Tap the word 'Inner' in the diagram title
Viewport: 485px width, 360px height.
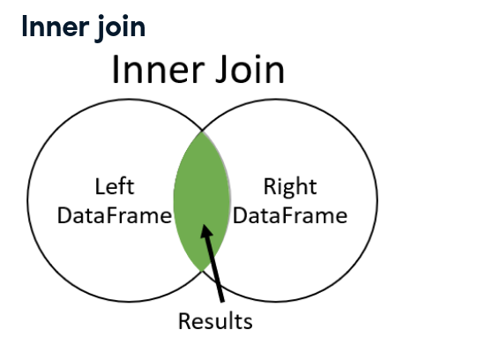[159, 70]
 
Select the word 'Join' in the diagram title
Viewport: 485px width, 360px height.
[250, 70]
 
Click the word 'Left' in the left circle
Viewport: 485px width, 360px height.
[115, 187]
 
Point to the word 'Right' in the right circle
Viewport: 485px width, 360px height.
[290, 187]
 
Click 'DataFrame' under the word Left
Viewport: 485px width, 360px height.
[115, 215]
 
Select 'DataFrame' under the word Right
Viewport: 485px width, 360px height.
[290, 215]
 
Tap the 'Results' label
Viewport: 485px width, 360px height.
[215, 321]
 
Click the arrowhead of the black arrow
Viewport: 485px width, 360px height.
[205, 230]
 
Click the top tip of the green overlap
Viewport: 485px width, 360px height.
[202, 131]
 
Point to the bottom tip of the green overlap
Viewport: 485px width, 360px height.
[202, 271]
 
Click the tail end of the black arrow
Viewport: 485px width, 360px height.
[222, 301]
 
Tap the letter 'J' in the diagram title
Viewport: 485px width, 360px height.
[221, 70]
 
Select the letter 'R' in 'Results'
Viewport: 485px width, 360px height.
[184, 321]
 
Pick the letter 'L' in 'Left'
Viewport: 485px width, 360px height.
[101, 186]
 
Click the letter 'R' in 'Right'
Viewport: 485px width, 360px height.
[270, 186]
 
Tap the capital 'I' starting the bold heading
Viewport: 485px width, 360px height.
[25, 26]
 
